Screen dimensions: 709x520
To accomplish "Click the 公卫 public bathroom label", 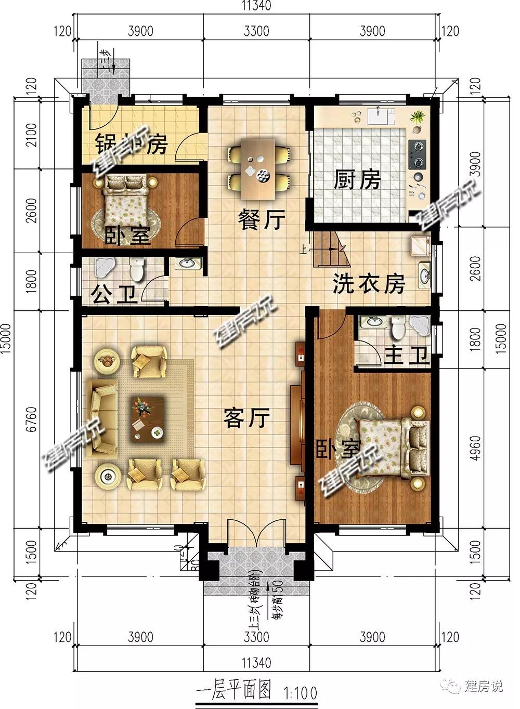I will pos(114,295).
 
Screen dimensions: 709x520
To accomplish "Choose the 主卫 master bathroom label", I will pos(406,356).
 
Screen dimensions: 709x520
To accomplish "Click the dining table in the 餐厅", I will pos(258,168).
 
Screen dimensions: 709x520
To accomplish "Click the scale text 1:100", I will pos(301,693).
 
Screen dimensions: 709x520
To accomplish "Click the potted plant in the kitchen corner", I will pos(416,116).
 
